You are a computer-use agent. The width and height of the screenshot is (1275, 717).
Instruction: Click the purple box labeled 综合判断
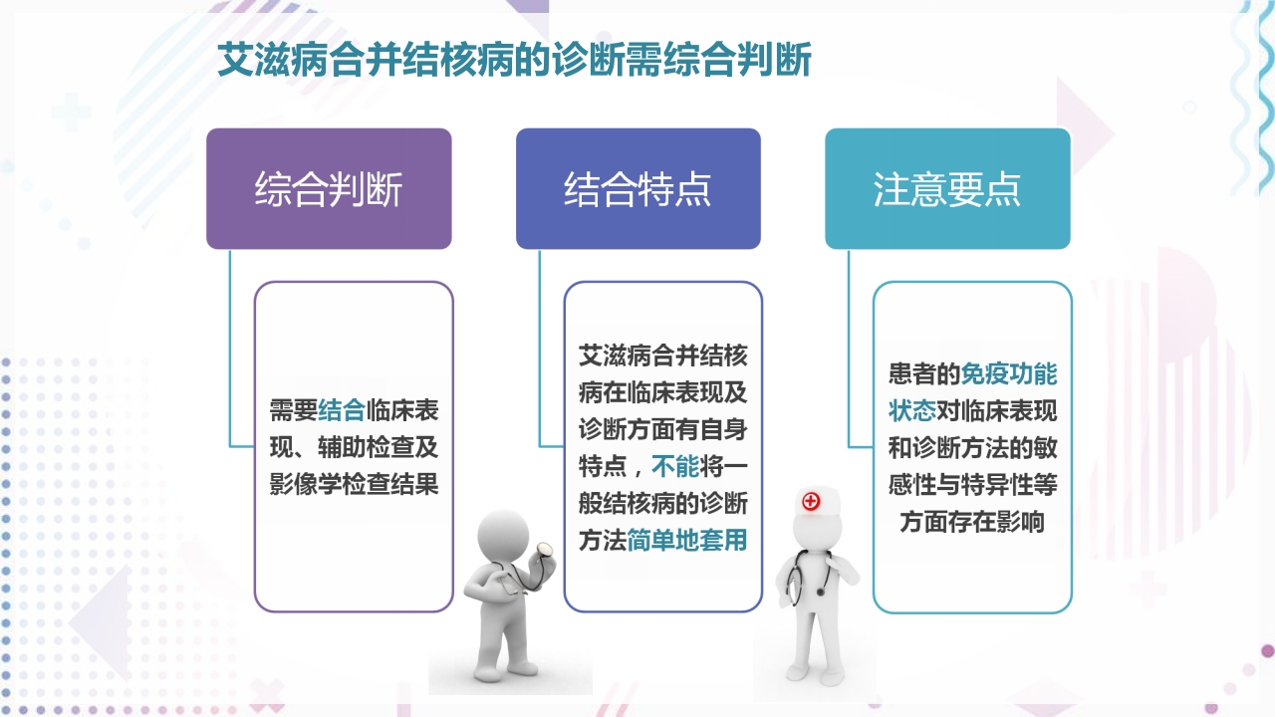(329, 189)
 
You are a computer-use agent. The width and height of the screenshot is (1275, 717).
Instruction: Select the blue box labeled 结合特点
(637, 189)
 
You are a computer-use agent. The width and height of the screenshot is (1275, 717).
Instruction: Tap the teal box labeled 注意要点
(947, 189)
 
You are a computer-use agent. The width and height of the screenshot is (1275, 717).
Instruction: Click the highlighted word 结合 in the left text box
(341, 410)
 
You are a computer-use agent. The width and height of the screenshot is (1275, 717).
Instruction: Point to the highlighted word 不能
(675, 465)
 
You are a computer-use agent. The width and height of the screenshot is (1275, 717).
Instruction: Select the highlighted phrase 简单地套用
(687, 540)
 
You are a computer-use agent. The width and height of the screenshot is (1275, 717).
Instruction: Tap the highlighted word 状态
(912, 411)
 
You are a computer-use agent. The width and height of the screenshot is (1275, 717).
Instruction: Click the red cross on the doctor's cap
(811, 501)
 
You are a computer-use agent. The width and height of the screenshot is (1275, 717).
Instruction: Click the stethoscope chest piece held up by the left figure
(544, 549)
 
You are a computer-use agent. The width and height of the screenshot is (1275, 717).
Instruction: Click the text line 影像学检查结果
(354, 485)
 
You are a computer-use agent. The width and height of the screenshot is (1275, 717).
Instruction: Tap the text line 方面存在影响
(972, 521)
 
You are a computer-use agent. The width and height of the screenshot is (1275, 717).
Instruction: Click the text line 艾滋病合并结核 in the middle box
(662, 356)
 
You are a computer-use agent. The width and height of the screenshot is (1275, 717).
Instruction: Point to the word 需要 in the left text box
(293, 410)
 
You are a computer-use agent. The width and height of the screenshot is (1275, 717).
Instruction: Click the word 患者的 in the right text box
(924, 374)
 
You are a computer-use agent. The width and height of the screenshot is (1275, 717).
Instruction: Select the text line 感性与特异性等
(972, 485)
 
